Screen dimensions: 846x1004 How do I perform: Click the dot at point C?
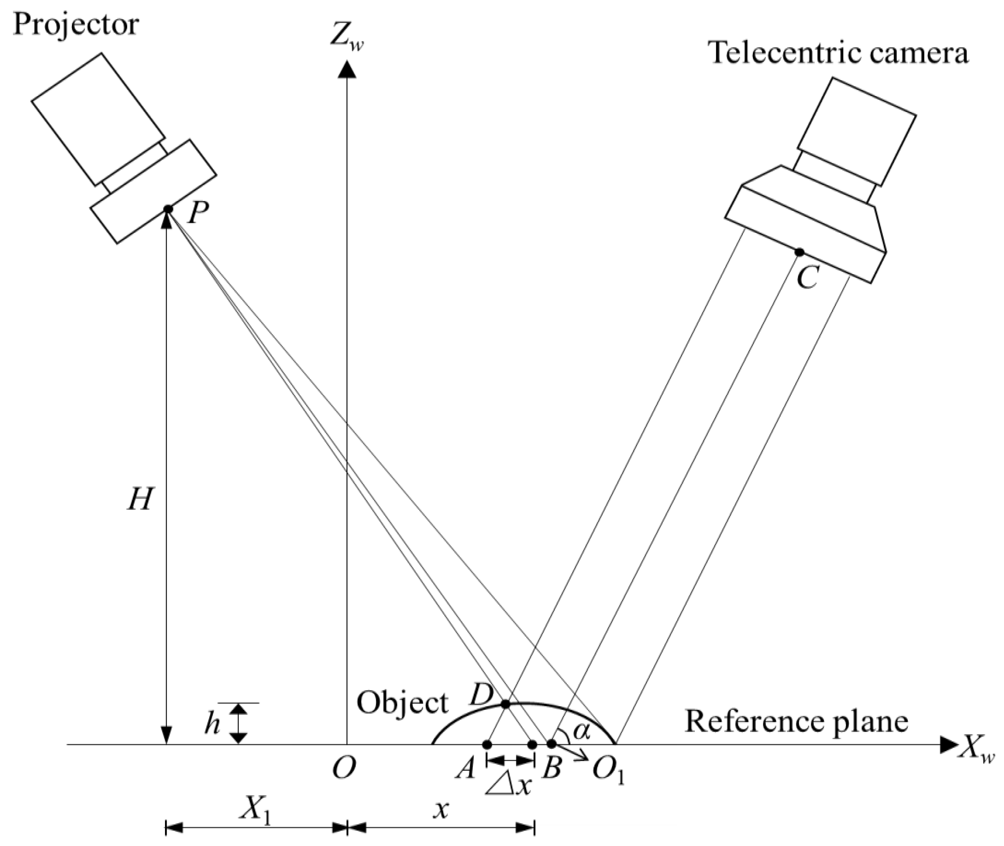click(x=799, y=252)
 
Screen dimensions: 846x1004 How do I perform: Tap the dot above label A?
click(x=487, y=744)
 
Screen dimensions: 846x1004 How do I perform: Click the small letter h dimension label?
click(x=211, y=723)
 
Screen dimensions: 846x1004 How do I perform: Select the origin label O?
click(x=344, y=769)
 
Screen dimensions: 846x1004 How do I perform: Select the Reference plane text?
click(x=796, y=721)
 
